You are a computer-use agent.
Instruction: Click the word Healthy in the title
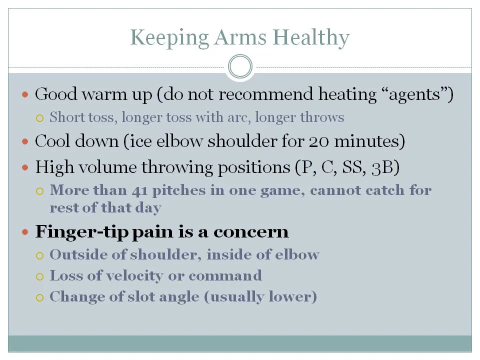(x=311, y=37)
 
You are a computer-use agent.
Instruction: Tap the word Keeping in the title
(x=169, y=37)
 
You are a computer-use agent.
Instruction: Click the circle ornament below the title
(x=240, y=66)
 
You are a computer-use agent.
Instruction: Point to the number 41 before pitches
(x=139, y=191)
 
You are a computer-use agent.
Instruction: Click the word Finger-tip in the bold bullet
(x=81, y=231)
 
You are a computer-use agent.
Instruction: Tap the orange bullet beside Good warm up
(x=25, y=94)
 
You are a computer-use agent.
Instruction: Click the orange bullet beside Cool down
(x=25, y=141)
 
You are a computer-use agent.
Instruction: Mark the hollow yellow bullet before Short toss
(x=40, y=118)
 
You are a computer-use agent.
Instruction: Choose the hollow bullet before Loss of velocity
(x=40, y=276)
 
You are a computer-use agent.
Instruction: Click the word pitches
(x=179, y=190)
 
